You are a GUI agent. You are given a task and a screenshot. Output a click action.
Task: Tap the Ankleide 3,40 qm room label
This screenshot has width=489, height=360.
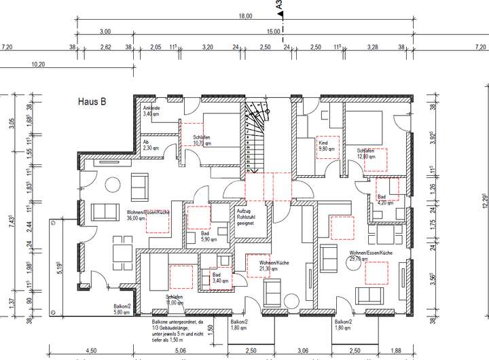(151, 111)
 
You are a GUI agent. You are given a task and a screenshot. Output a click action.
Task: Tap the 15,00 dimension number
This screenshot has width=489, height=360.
(274, 31)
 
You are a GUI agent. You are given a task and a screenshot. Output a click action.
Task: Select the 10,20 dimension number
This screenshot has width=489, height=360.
(38, 64)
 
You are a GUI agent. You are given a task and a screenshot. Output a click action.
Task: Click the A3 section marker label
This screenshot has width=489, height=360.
(279, 7)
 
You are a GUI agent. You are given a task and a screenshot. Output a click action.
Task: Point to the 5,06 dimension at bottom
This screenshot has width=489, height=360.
(181, 351)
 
